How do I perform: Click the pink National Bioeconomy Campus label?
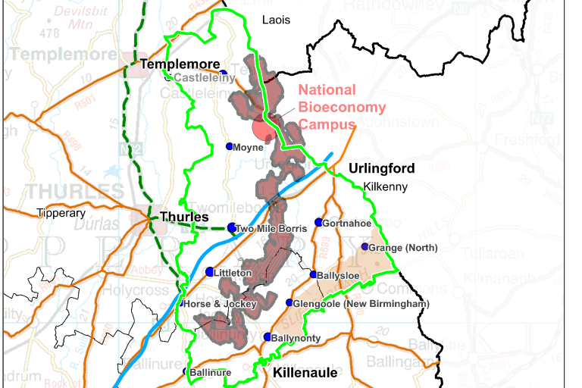(342, 107)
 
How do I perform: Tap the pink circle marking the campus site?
(263, 130)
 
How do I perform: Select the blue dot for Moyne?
(230, 146)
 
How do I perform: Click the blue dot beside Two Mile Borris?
(232, 227)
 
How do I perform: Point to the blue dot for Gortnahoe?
(318, 222)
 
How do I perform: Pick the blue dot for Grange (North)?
(365, 247)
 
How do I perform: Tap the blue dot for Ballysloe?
(313, 274)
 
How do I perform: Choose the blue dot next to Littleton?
(210, 271)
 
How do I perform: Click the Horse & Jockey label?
(221, 304)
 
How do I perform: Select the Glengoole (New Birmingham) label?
(361, 304)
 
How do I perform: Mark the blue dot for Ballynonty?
(267, 337)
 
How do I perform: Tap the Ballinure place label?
(210, 372)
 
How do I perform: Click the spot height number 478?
(50, 33)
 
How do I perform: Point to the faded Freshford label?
(524, 140)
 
